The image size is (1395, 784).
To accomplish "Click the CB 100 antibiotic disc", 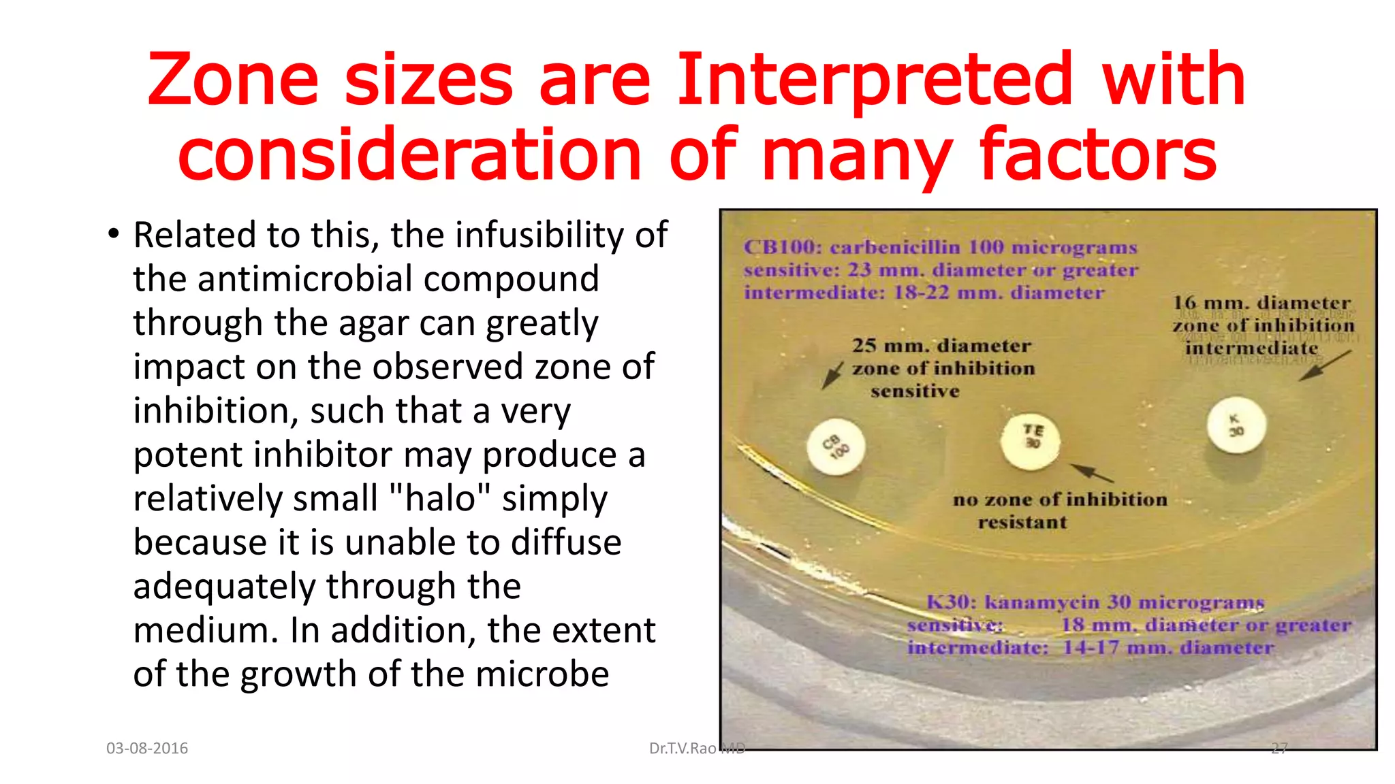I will tap(836, 447).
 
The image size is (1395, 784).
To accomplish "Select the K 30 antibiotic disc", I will tap(1236, 425).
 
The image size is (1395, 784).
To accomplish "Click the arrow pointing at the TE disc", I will tap(1091, 473).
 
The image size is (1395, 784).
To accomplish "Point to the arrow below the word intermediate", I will tap(1325, 365).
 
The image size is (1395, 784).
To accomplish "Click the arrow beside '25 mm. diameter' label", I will tap(832, 374).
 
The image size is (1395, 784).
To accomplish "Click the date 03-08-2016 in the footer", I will tap(147, 749).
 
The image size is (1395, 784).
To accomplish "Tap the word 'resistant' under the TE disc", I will tap(1022, 523).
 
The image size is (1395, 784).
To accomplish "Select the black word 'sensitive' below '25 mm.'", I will tap(914, 391).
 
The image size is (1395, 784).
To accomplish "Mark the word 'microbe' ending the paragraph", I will tap(542, 674).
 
